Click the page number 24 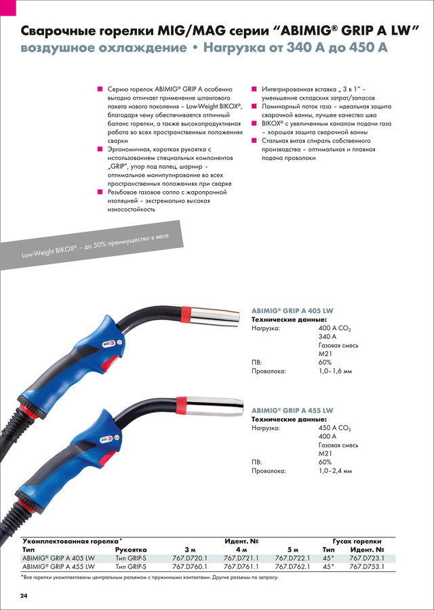coord(23,596)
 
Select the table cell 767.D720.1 coord(189,557)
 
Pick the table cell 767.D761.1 coord(241,566)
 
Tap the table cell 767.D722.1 coord(292,557)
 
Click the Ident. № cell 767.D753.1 coord(367,566)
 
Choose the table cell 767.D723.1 coord(367,557)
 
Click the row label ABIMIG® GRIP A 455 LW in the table coord(58,566)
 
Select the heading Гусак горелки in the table coord(354,540)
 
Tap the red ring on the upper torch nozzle coord(186,313)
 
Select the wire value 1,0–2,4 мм coord(336,470)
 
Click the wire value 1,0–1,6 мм coord(336,371)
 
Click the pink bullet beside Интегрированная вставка coord(254,89)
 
